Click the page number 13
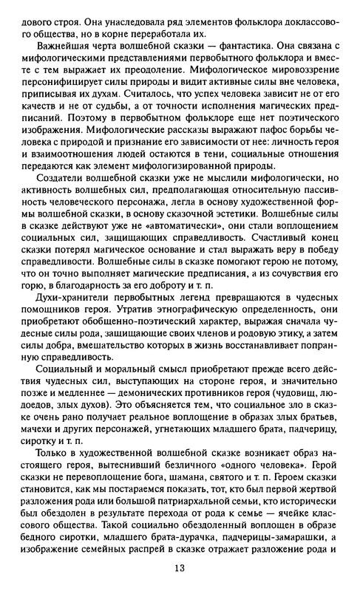(x=180, y=568)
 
